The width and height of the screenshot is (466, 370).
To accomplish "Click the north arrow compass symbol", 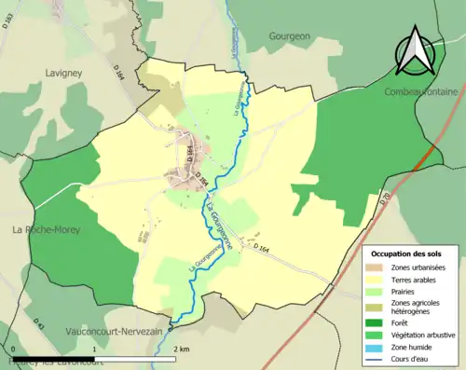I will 416,51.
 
